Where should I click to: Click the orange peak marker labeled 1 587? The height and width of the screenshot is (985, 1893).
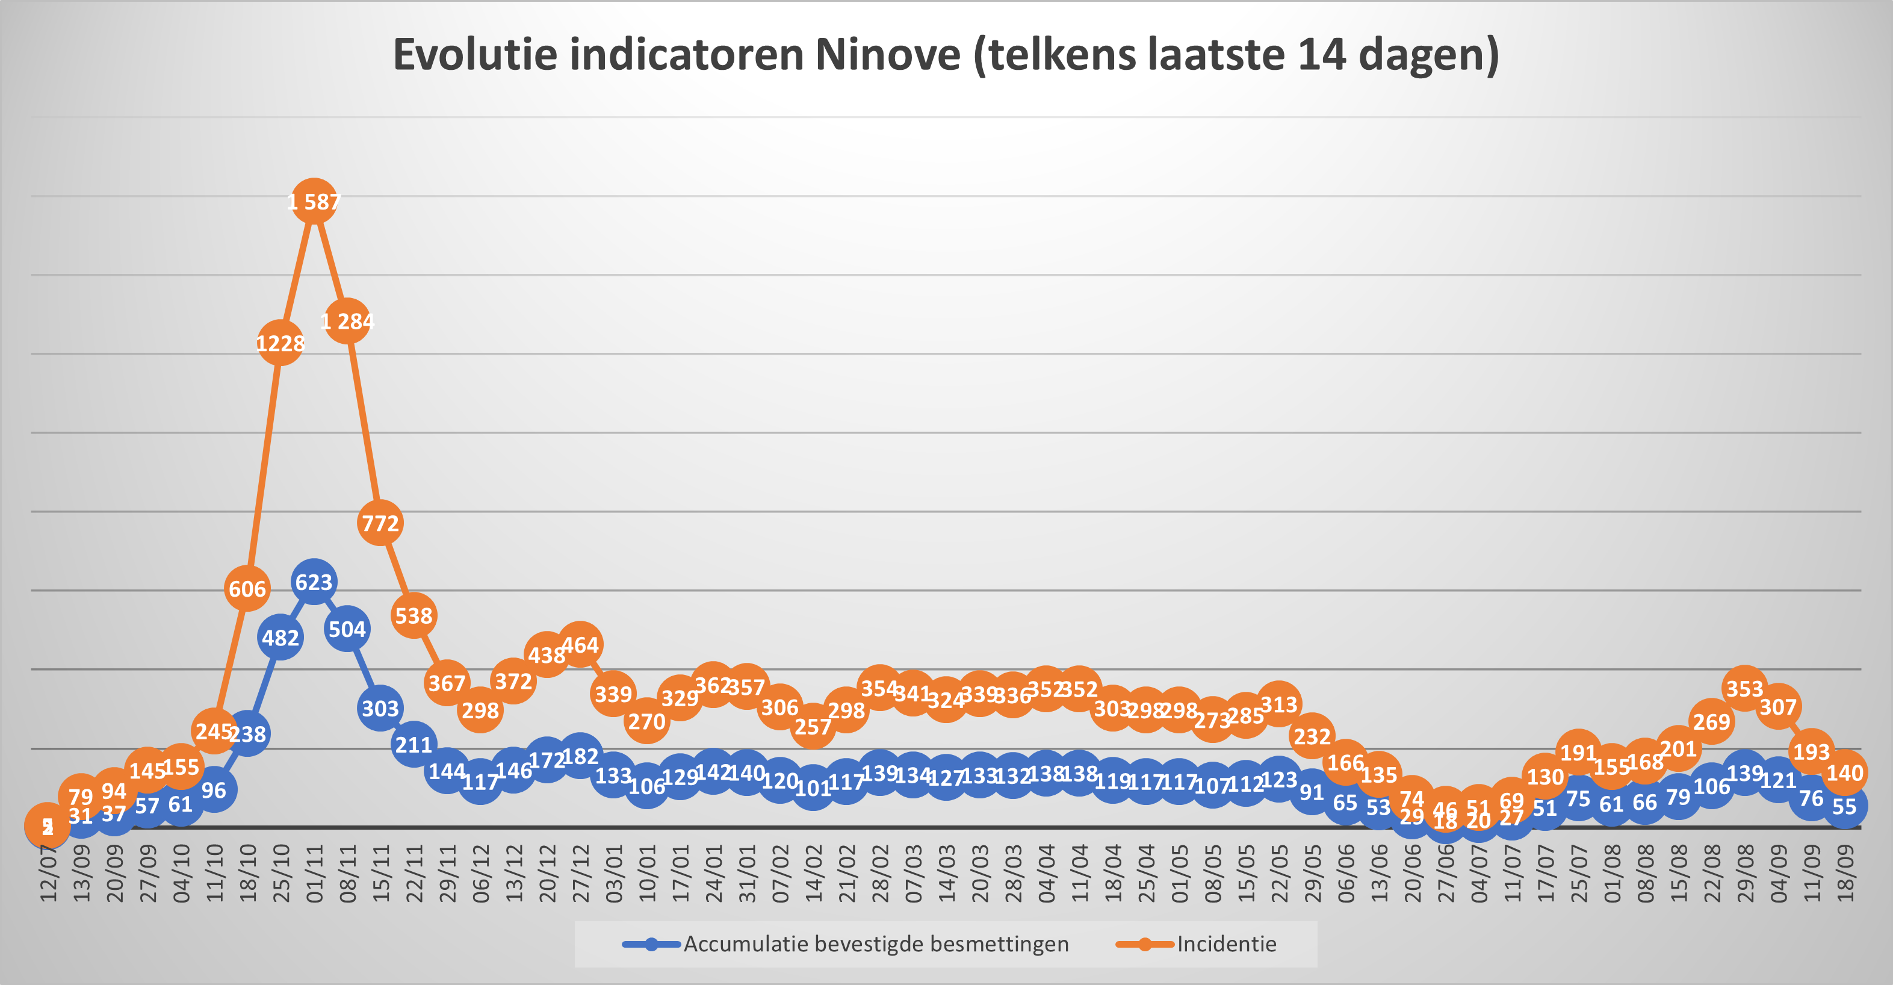[x=314, y=202]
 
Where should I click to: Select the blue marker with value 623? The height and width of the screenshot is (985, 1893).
[x=314, y=582]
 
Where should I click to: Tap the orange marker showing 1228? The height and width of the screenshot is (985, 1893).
[x=280, y=343]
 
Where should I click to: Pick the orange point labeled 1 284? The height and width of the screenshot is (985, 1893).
[x=347, y=322]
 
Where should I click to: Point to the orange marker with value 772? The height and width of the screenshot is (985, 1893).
[x=380, y=523]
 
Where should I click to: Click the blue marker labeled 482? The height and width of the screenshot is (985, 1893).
[x=280, y=638]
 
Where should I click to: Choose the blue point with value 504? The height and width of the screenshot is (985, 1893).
[x=347, y=629]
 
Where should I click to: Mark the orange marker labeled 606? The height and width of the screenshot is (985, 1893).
[x=247, y=589]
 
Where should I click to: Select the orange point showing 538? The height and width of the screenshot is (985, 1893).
[x=414, y=615]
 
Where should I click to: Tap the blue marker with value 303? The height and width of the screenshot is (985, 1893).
[x=380, y=708]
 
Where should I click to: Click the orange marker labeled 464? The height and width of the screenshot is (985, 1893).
[x=580, y=645]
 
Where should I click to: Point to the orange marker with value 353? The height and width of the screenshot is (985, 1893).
[x=1744, y=689]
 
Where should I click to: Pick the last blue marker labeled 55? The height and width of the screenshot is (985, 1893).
[x=1844, y=806]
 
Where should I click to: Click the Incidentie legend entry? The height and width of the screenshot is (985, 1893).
[x=1225, y=944]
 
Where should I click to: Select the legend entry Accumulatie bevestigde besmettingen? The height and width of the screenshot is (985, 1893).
[x=875, y=944]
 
